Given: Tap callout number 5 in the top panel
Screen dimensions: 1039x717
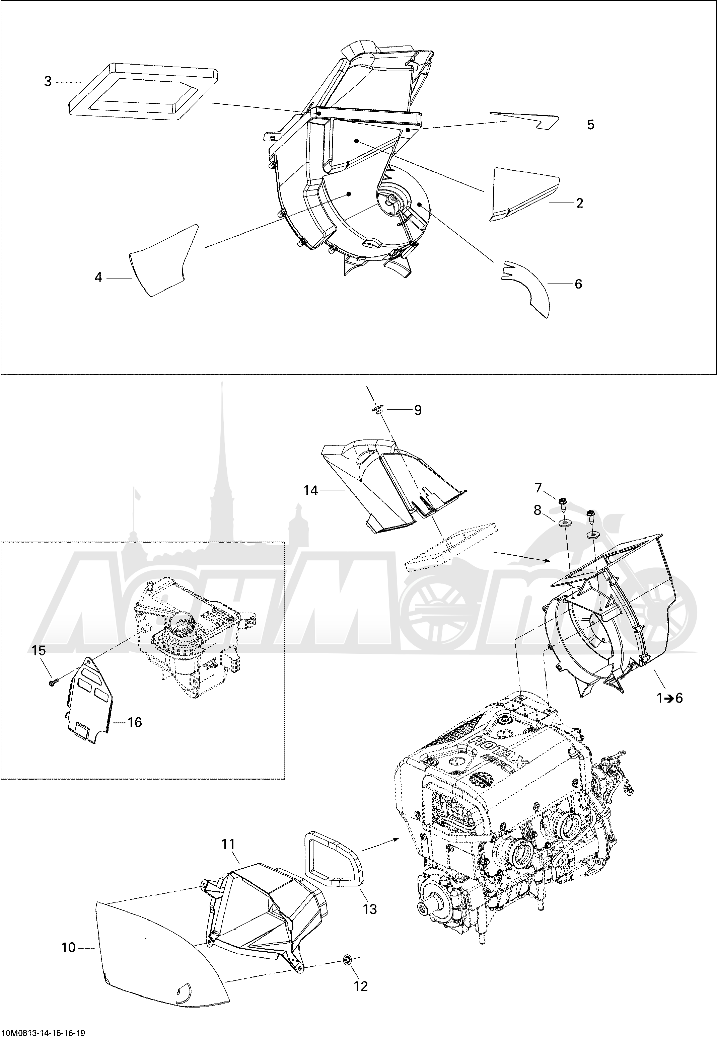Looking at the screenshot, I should [590, 125].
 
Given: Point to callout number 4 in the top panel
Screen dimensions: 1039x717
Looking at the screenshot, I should [98, 277].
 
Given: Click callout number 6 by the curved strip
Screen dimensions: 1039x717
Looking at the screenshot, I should [578, 284].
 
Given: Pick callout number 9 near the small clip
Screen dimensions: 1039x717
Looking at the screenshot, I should [418, 410].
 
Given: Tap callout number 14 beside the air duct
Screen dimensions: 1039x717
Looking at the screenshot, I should [310, 490].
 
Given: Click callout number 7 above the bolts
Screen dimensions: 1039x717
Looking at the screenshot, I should [538, 487].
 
